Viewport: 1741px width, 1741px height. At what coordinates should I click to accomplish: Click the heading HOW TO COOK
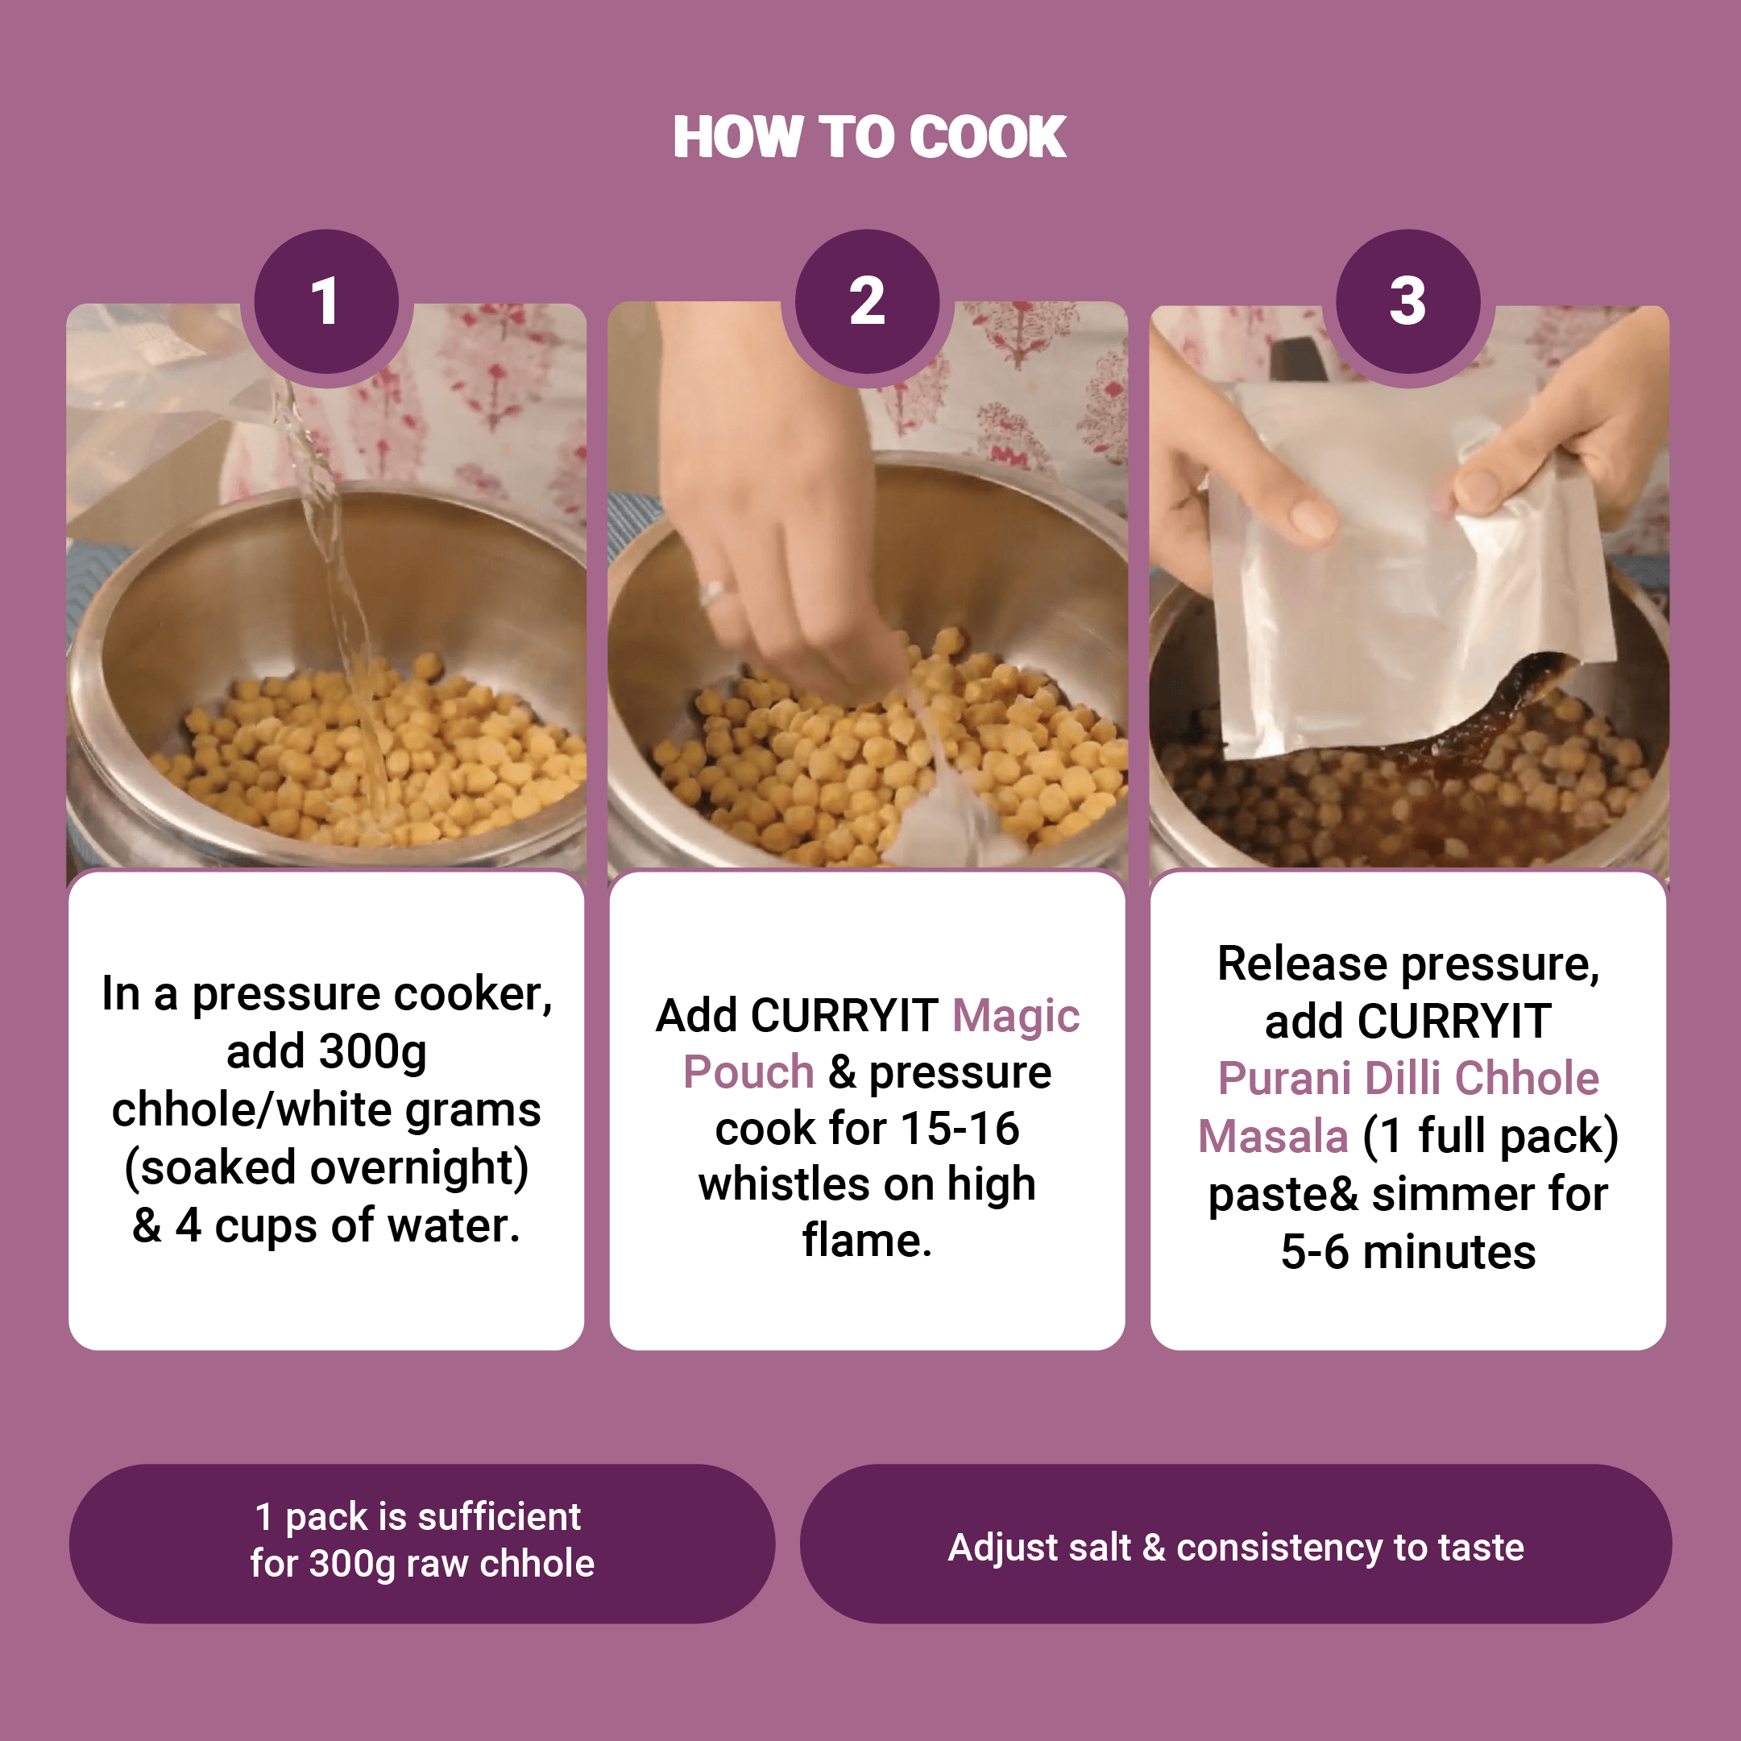pyautogui.click(x=869, y=137)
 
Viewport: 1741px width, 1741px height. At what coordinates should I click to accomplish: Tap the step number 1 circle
pyautogui.click(x=326, y=301)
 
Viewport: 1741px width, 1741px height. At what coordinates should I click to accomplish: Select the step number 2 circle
pyautogui.click(x=867, y=301)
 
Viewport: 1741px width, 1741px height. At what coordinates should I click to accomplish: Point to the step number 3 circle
pyautogui.click(x=1407, y=301)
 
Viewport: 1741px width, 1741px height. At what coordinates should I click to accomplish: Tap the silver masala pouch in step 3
pyautogui.click(x=1406, y=568)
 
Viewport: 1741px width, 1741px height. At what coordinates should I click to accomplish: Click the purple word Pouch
pyautogui.click(x=748, y=1072)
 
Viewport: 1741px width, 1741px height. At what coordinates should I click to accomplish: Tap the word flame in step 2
pyautogui.click(x=861, y=1240)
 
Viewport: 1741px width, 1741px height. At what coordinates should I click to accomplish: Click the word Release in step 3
pyautogui.click(x=1302, y=964)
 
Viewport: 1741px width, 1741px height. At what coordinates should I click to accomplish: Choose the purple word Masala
pyautogui.click(x=1272, y=1136)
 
